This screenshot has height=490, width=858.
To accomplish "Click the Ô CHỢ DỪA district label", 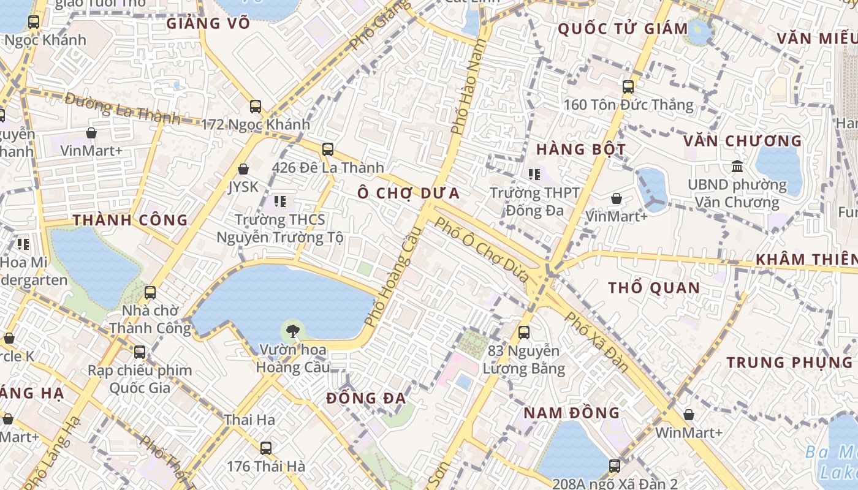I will (x=409, y=194).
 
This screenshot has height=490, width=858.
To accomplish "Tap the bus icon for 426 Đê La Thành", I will (x=328, y=149).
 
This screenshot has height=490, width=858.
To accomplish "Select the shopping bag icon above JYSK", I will (x=243, y=169).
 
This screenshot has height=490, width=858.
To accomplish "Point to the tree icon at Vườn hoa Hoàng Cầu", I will (x=293, y=331).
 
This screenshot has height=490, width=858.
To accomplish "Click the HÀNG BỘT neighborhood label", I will (x=581, y=149).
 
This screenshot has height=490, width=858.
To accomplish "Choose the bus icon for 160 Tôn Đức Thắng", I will (x=628, y=87).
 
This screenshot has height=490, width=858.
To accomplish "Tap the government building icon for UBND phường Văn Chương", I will (x=737, y=166).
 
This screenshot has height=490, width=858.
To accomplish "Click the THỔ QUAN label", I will (x=654, y=288).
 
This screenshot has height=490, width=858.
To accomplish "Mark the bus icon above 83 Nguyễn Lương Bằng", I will (x=524, y=333).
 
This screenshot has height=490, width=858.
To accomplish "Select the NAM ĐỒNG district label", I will (x=571, y=413).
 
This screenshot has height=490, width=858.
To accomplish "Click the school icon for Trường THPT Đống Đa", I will (x=534, y=175).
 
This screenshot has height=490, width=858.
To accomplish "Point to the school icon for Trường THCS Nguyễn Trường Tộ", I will (x=280, y=202).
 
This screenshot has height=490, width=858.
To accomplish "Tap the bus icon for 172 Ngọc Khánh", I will (x=256, y=107).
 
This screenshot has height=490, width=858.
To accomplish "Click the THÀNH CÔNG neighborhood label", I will (x=131, y=221).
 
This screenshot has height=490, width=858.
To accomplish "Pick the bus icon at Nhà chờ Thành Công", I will (x=150, y=293).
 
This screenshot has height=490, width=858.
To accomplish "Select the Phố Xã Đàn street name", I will (x=596, y=342).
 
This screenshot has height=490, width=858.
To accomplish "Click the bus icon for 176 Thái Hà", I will (x=266, y=448).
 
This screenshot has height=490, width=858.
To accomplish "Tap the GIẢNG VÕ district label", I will (x=208, y=24).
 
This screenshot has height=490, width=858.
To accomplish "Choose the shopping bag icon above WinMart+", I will (x=689, y=415).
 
